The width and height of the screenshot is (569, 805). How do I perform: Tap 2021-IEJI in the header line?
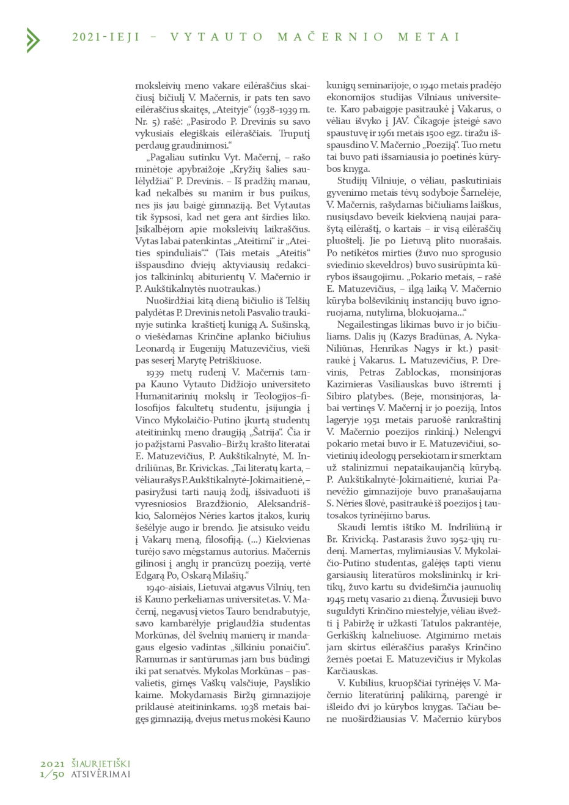click(106, 37)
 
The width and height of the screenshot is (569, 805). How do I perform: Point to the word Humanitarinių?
click(163, 395)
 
